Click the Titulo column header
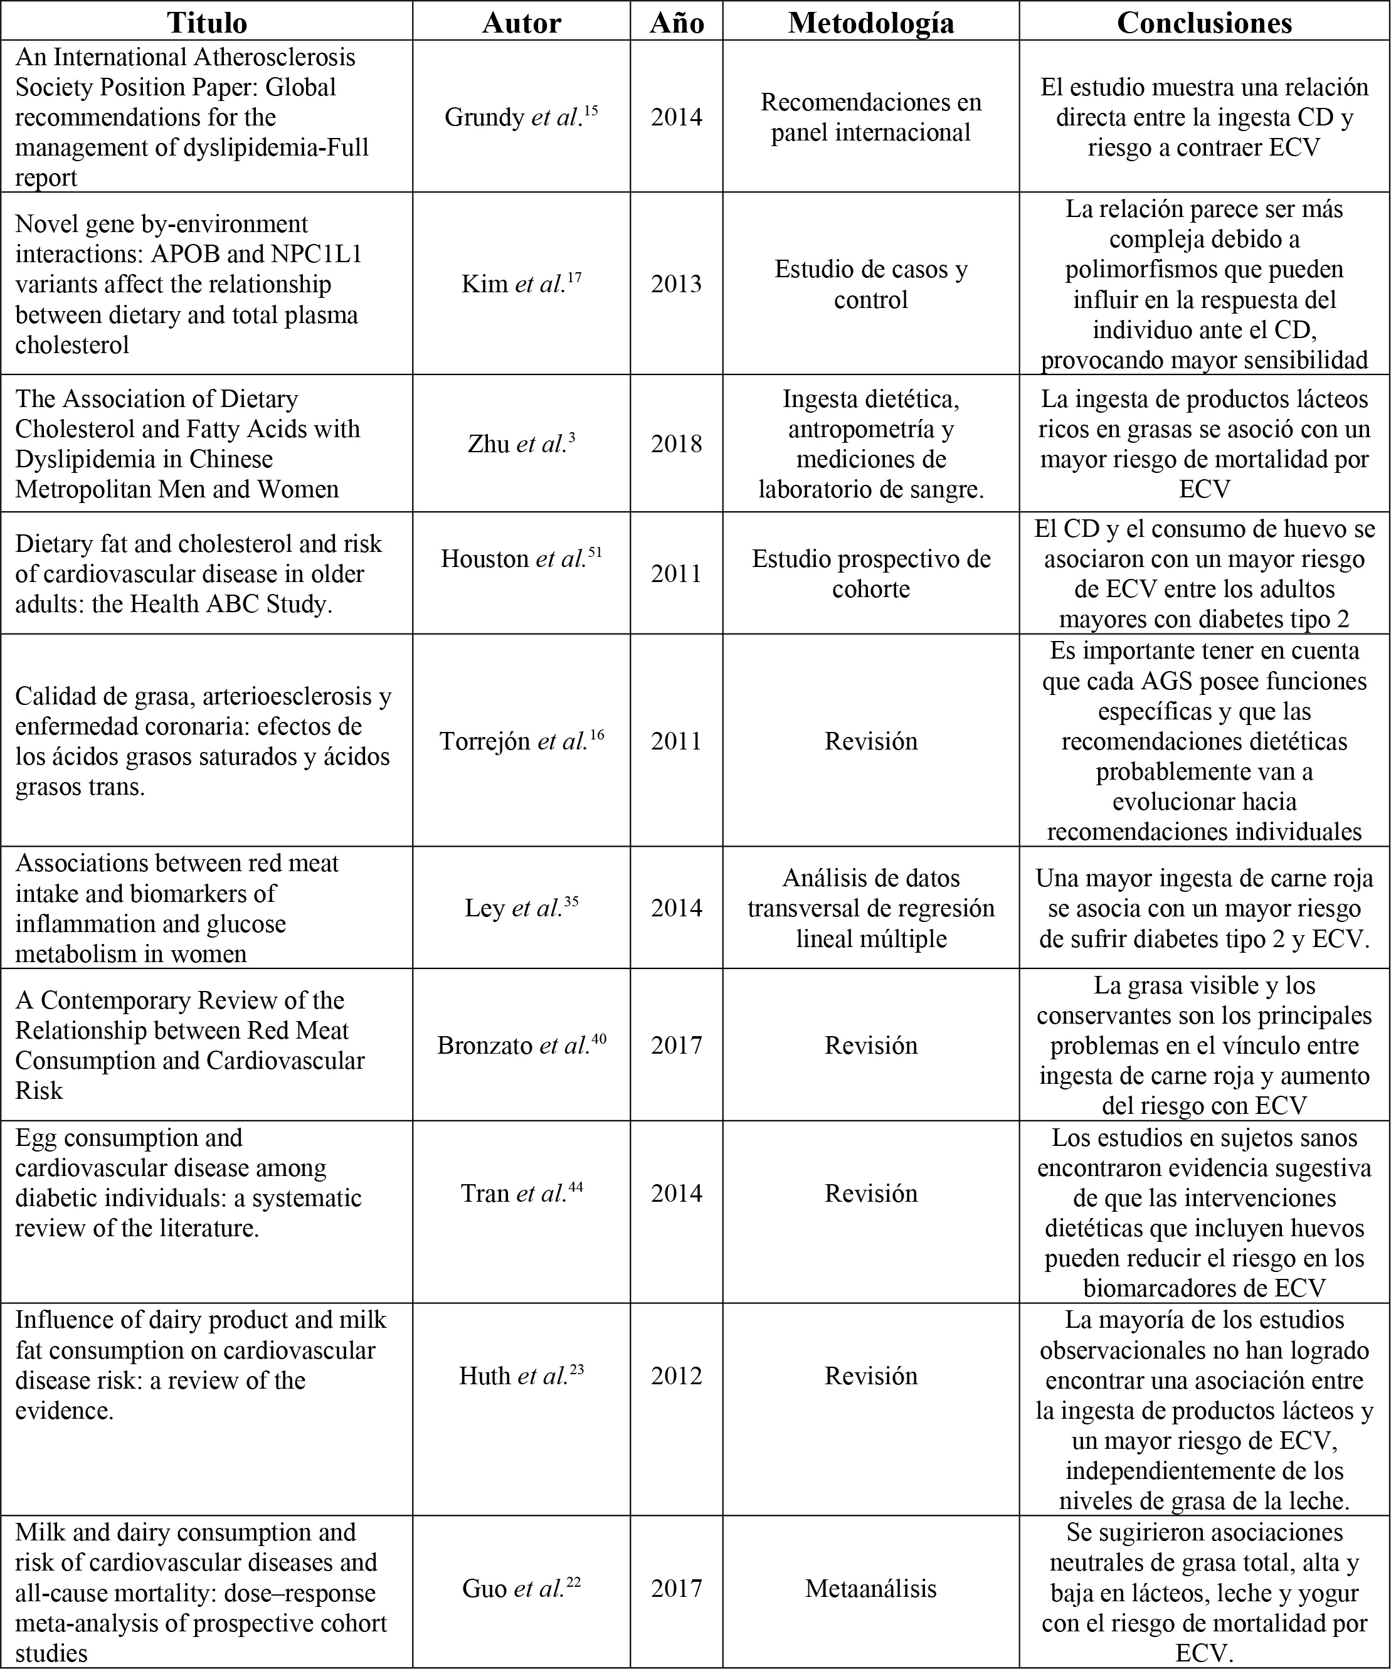pyautogui.click(x=207, y=22)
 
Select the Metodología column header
pyautogui.click(x=871, y=22)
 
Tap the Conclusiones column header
pyautogui.click(x=1204, y=22)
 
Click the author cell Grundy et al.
pyautogui.click(x=521, y=117)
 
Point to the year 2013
pyautogui.click(x=677, y=283)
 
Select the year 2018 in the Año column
pyautogui.click(x=677, y=443)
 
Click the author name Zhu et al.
pyautogui.click(x=521, y=443)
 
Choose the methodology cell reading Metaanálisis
pyautogui.click(x=871, y=1589)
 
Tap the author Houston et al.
pyautogui.click(x=521, y=559)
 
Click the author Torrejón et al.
pyautogui.click(x=521, y=741)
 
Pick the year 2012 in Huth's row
pyautogui.click(x=677, y=1375)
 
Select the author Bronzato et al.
pyautogui.click(x=521, y=1045)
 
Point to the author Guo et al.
pyautogui.click(x=521, y=1589)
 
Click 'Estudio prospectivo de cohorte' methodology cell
pyautogui.click(x=871, y=574)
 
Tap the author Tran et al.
pyautogui.click(x=521, y=1194)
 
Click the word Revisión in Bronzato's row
pyautogui.click(x=871, y=1045)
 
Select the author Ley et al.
pyautogui.click(x=521, y=908)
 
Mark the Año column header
pyautogui.click(x=677, y=22)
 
